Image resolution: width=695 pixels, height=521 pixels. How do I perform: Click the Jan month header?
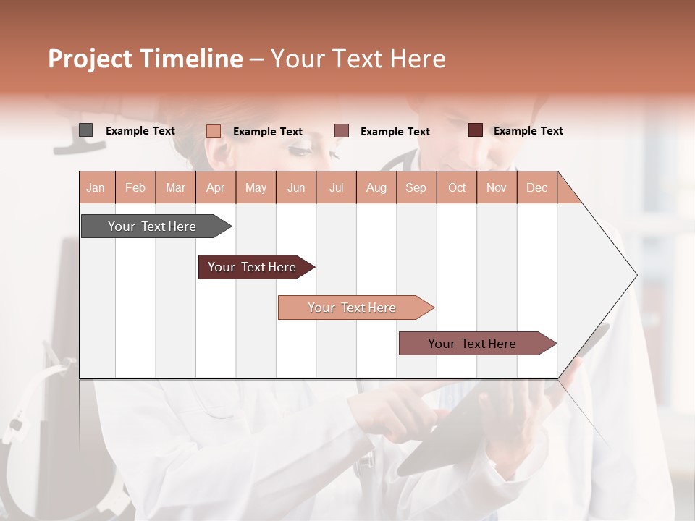(96, 187)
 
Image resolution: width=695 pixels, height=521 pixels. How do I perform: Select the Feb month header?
(135, 187)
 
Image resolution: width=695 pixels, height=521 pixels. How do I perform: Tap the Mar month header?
(175, 187)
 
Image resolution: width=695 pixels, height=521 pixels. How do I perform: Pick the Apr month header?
(216, 187)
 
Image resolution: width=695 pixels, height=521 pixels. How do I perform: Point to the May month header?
(256, 187)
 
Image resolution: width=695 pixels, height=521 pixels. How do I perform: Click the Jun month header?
(296, 187)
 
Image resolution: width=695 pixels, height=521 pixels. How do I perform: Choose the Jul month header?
(336, 187)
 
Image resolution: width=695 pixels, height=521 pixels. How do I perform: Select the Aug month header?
(376, 187)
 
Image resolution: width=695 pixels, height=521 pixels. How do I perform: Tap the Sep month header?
(416, 187)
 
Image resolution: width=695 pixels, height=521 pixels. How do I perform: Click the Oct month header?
(457, 187)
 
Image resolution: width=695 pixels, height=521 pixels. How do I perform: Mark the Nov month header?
(497, 187)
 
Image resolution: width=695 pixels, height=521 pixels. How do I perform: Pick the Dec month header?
(537, 187)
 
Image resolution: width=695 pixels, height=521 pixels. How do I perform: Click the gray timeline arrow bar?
(153, 226)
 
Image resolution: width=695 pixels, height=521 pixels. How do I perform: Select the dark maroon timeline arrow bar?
(253, 267)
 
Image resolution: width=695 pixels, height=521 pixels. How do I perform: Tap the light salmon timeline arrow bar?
(353, 308)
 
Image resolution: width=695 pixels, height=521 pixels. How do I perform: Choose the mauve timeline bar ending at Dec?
(473, 344)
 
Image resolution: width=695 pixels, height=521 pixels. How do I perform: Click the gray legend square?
(85, 130)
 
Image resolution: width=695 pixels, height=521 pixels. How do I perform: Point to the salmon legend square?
(214, 131)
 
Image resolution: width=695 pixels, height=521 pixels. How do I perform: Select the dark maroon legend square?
(476, 130)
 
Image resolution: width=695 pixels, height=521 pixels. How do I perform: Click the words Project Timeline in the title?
(146, 59)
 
